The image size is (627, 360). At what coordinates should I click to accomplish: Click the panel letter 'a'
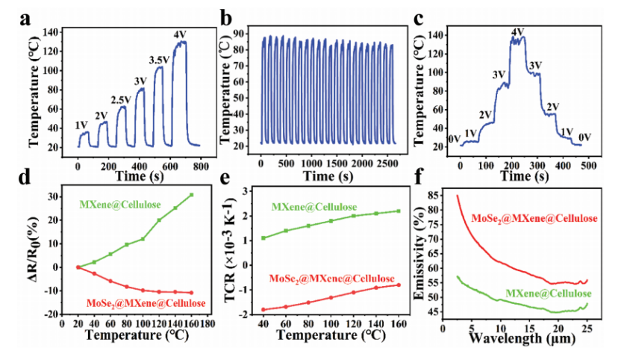pyautogui.click(x=25, y=19)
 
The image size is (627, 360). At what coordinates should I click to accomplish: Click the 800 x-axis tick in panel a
pyautogui.click(x=201, y=166)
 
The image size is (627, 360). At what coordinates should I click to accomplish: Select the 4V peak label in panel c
pyautogui.click(x=518, y=32)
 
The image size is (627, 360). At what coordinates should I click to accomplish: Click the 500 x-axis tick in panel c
pyautogui.click(x=589, y=166)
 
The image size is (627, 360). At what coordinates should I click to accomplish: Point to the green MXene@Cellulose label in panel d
pyautogui.click(x=120, y=205)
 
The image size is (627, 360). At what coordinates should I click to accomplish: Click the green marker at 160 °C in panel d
pyautogui.click(x=192, y=195)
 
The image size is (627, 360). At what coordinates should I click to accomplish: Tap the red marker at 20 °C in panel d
pyautogui.click(x=78, y=267)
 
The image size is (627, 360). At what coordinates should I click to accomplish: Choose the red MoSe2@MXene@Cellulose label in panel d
pyautogui.click(x=146, y=303)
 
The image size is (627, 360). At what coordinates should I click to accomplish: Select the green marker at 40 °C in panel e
pyautogui.click(x=263, y=238)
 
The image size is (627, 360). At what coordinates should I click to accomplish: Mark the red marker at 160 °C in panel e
pyautogui.click(x=399, y=285)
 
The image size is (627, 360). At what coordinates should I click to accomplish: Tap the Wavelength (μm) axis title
pyautogui.click(x=522, y=339)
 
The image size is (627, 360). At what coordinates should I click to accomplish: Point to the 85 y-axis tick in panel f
pyautogui.click(x=433, y=195)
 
